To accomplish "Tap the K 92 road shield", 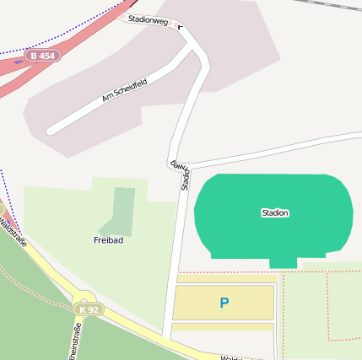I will [89, 309].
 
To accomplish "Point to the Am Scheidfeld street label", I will [124, 91].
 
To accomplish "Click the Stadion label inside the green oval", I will [275, 213].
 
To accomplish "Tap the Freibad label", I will [108, 240].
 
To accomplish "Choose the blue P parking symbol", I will [224, 303].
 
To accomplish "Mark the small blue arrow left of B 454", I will [19, 61].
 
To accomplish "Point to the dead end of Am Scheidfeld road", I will [51, 131].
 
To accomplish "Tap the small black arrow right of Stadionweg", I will [180, 25].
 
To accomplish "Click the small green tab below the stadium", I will [283, 263].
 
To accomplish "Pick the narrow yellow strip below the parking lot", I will [223, 327].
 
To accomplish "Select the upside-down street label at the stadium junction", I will [176, 165].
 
